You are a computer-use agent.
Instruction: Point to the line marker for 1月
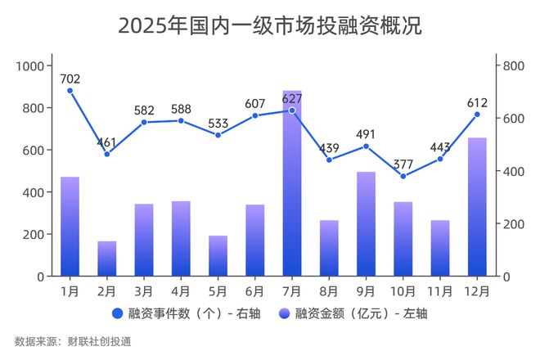pos(70,91)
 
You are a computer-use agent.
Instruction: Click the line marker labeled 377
pos(403,176)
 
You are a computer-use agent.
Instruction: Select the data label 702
pos(70,79)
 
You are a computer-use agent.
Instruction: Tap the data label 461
pos(107,142)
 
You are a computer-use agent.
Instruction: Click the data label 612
pos(477,102)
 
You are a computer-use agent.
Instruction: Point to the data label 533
pos(218,124)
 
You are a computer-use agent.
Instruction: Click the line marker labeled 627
pos(292,110)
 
